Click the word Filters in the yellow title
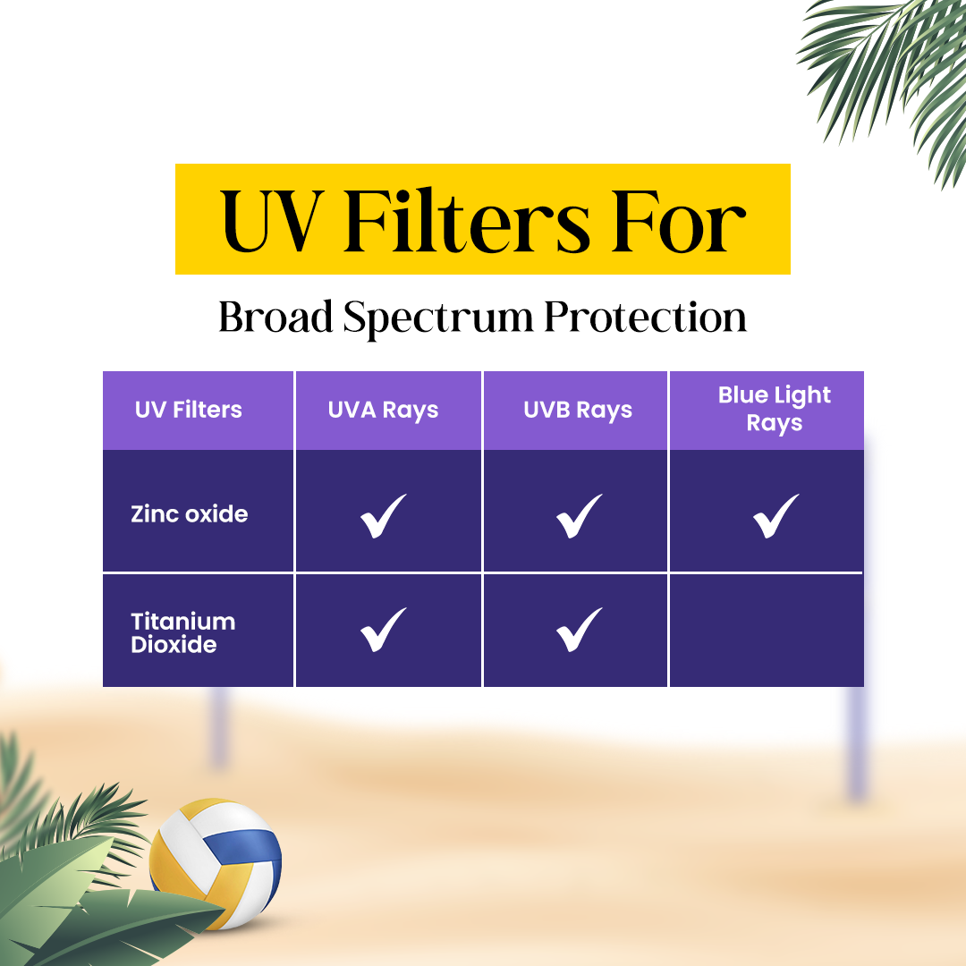(468, 220)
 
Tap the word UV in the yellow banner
(272, 221)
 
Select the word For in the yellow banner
(678, 220)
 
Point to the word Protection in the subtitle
(645, 318)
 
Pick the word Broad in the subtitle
(275, 318)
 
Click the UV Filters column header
(189, 410)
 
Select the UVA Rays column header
(383, 411)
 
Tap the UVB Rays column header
(578, 411)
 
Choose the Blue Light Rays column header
(775, 409)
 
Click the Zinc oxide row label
(189, 513)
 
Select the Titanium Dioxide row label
(183, 632)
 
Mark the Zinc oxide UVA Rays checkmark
(383, 516)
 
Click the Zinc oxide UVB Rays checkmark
(579, 516)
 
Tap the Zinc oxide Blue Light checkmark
(775, 516)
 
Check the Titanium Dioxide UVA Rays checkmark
(383, 630)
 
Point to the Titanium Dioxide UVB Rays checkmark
(579, 630)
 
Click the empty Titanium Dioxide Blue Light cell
(767, 631)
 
